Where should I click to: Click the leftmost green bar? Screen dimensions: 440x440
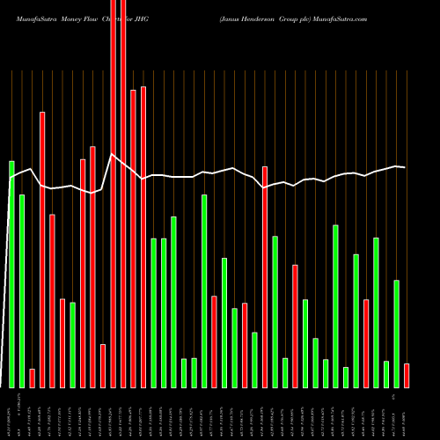[11, 274]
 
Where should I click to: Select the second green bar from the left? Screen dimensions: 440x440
[22, 290]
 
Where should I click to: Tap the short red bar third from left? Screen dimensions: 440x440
[33, 378]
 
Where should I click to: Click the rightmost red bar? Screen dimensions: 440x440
[407, 375]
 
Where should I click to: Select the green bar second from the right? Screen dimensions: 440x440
[396, 334]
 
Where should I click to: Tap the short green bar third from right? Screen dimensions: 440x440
[386, 374]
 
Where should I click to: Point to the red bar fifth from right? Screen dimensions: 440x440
[366, 343]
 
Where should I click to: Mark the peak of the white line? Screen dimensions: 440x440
[111, 155]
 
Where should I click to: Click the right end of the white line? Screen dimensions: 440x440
[405, 167]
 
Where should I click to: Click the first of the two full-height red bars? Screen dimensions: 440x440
[114, 194]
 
